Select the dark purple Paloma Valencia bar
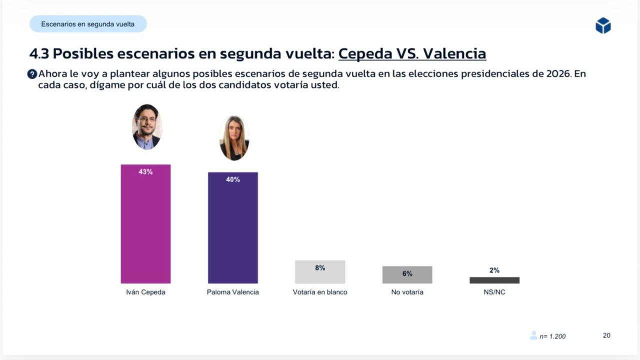[x=233, y=230]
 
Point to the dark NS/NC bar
[x=494, y=280]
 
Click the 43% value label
[x=145, y=171]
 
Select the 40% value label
[x=233, y=179]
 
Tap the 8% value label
[x=320, y=268]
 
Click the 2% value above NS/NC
[x=494, y=270]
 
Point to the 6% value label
[x=407, y=274]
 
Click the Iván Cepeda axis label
[x=145, y=292]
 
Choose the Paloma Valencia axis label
[x=233, y=292]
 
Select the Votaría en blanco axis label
[x=320, y=292]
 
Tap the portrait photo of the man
[x=146, y=127]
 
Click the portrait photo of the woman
[x=234, y=138]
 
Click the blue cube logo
[x=603, y=25]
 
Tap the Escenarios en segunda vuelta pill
[x=88, y=24]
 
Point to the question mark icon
[x=32, y=74]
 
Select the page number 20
[x=606, y=335]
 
